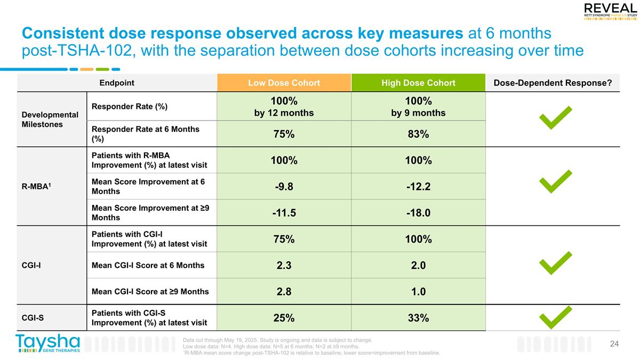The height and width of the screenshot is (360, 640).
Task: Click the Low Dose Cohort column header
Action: [x=284, y=83]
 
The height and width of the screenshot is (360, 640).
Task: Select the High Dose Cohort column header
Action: [x=418, y=83]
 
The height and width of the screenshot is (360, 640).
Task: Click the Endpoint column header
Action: [x=117, y=83]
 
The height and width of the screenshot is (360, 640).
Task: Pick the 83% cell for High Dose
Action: [x=418, y=134]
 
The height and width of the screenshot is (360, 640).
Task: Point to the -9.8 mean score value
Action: [x=284, y=187]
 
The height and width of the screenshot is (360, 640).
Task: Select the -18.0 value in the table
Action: [x=418, y=213]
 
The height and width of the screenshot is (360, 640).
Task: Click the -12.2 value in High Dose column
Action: [x=418, y=187]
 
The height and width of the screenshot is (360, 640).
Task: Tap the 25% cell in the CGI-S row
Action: [x=284, y=318]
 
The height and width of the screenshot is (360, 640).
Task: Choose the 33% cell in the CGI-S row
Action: [x=418, y=318]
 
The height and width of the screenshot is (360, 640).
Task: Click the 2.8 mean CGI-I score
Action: [x=284, y=291]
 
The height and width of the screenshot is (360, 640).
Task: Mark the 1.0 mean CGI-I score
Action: [x=418, y=291]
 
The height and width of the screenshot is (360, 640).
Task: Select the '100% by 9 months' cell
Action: [x=418, y=107]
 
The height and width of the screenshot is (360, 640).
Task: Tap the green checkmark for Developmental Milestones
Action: [x=555, y=118]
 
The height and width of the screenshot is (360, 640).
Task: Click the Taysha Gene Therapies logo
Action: [x=48, y=343]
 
